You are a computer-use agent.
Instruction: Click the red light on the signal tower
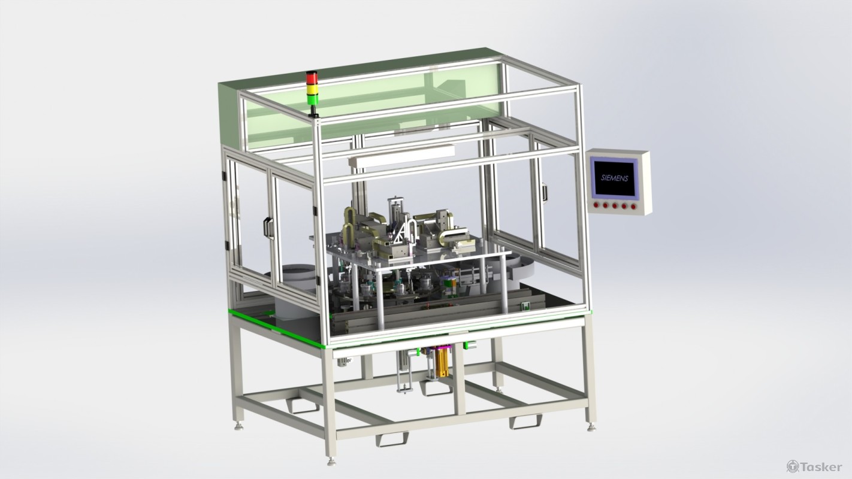pos(312,78)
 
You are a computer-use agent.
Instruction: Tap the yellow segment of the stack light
pos(312,90)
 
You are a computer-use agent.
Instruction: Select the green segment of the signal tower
pos(313,100)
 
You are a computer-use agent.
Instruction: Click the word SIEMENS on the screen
pos(614,178)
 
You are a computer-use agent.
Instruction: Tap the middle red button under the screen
pos(615,205)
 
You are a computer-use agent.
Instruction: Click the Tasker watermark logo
pos(814,466)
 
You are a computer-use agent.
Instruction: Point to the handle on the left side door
pos(268,228)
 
